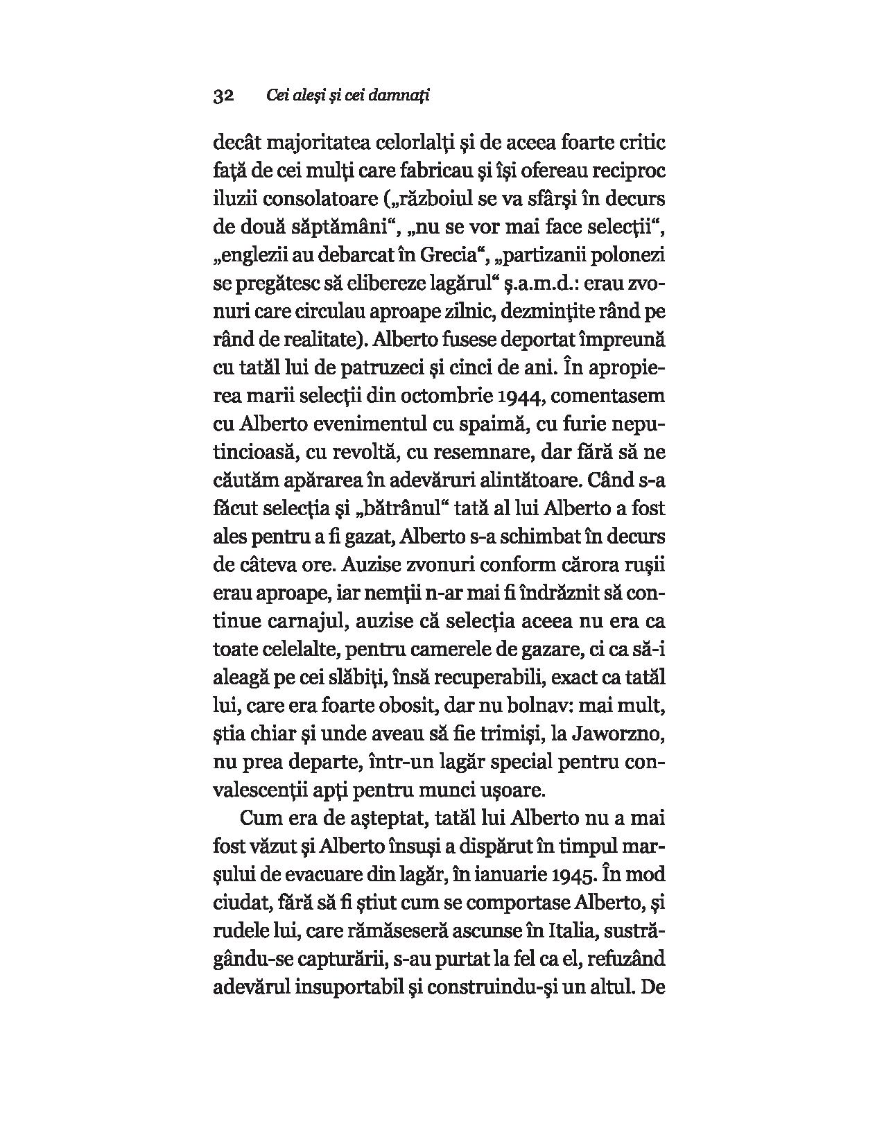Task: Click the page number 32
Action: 225,96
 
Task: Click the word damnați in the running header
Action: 401,96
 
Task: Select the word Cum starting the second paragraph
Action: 260,818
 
